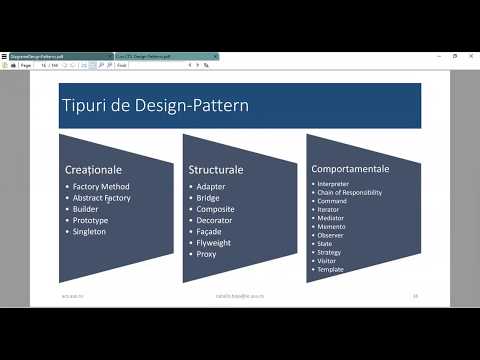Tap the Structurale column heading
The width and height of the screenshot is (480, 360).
(215, 170)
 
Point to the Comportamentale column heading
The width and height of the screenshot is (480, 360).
(350, 169)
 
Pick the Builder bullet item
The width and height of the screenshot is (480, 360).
(86, 209)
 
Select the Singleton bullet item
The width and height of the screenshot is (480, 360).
(90, 231)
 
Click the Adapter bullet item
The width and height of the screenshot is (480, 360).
(212, 186)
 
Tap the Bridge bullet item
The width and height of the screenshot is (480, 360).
(209, 198)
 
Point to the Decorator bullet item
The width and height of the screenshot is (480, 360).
(216, 220)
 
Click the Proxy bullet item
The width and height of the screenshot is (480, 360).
(207, 254)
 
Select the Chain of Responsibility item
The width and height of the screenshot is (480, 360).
(349, 192)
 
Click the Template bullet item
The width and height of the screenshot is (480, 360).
(333, 270)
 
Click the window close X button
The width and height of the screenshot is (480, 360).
(470, 57)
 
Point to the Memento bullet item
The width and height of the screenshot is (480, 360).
(333, 226)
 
